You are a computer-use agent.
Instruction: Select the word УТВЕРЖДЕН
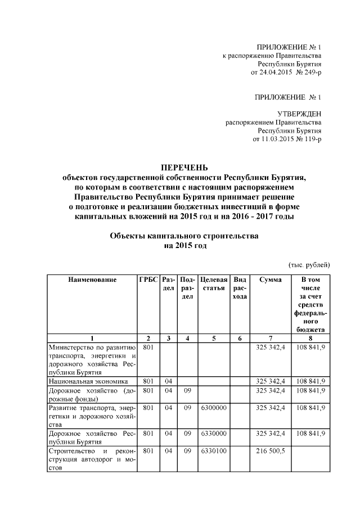300,114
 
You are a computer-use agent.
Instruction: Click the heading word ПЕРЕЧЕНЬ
184,168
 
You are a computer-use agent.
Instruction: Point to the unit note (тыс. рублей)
309,265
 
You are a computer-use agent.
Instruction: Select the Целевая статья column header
214,283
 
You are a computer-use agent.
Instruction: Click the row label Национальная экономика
84,381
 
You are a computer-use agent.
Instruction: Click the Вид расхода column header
240,288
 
